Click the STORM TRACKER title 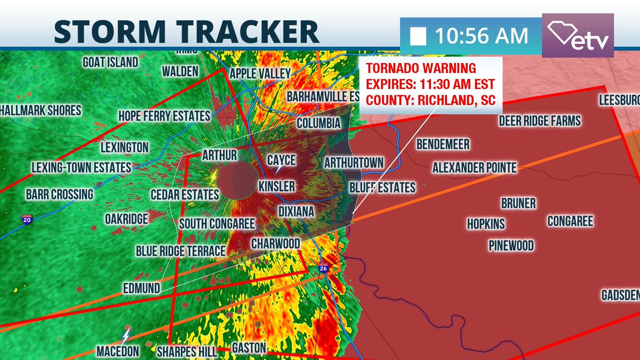pyautogui.click(x=186, y=32)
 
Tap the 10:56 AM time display pyautogui.click(x=481, y=36)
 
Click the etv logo pyautogui.click(x=578, y=36)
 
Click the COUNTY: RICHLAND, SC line pyautogui.click(x=429, y=99)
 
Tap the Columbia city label pyautogui.click(x=318, y=124)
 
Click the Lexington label pyautogui.click(x=124, y=147)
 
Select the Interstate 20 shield pyautogui.click(x=27, y=219)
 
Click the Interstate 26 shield pyautogui.click(x=323, y=269)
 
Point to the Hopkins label pyautogui.click(x=486, y=224)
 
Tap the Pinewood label pyautogui.click(x=511, y=245)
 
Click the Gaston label pyautogui.click(x=249, y=348)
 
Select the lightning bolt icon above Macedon pyautogui.click(x=126, y=335)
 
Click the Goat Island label pyautogui.click(x=110, y=62)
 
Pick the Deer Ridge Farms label pyautogui.click(x=539, y=121)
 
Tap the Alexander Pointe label pyautogui.click(x=474, y=168)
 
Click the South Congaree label pyautogui.click(x=217, y=223)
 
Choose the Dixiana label pyautogui.click(x=296, y=212)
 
